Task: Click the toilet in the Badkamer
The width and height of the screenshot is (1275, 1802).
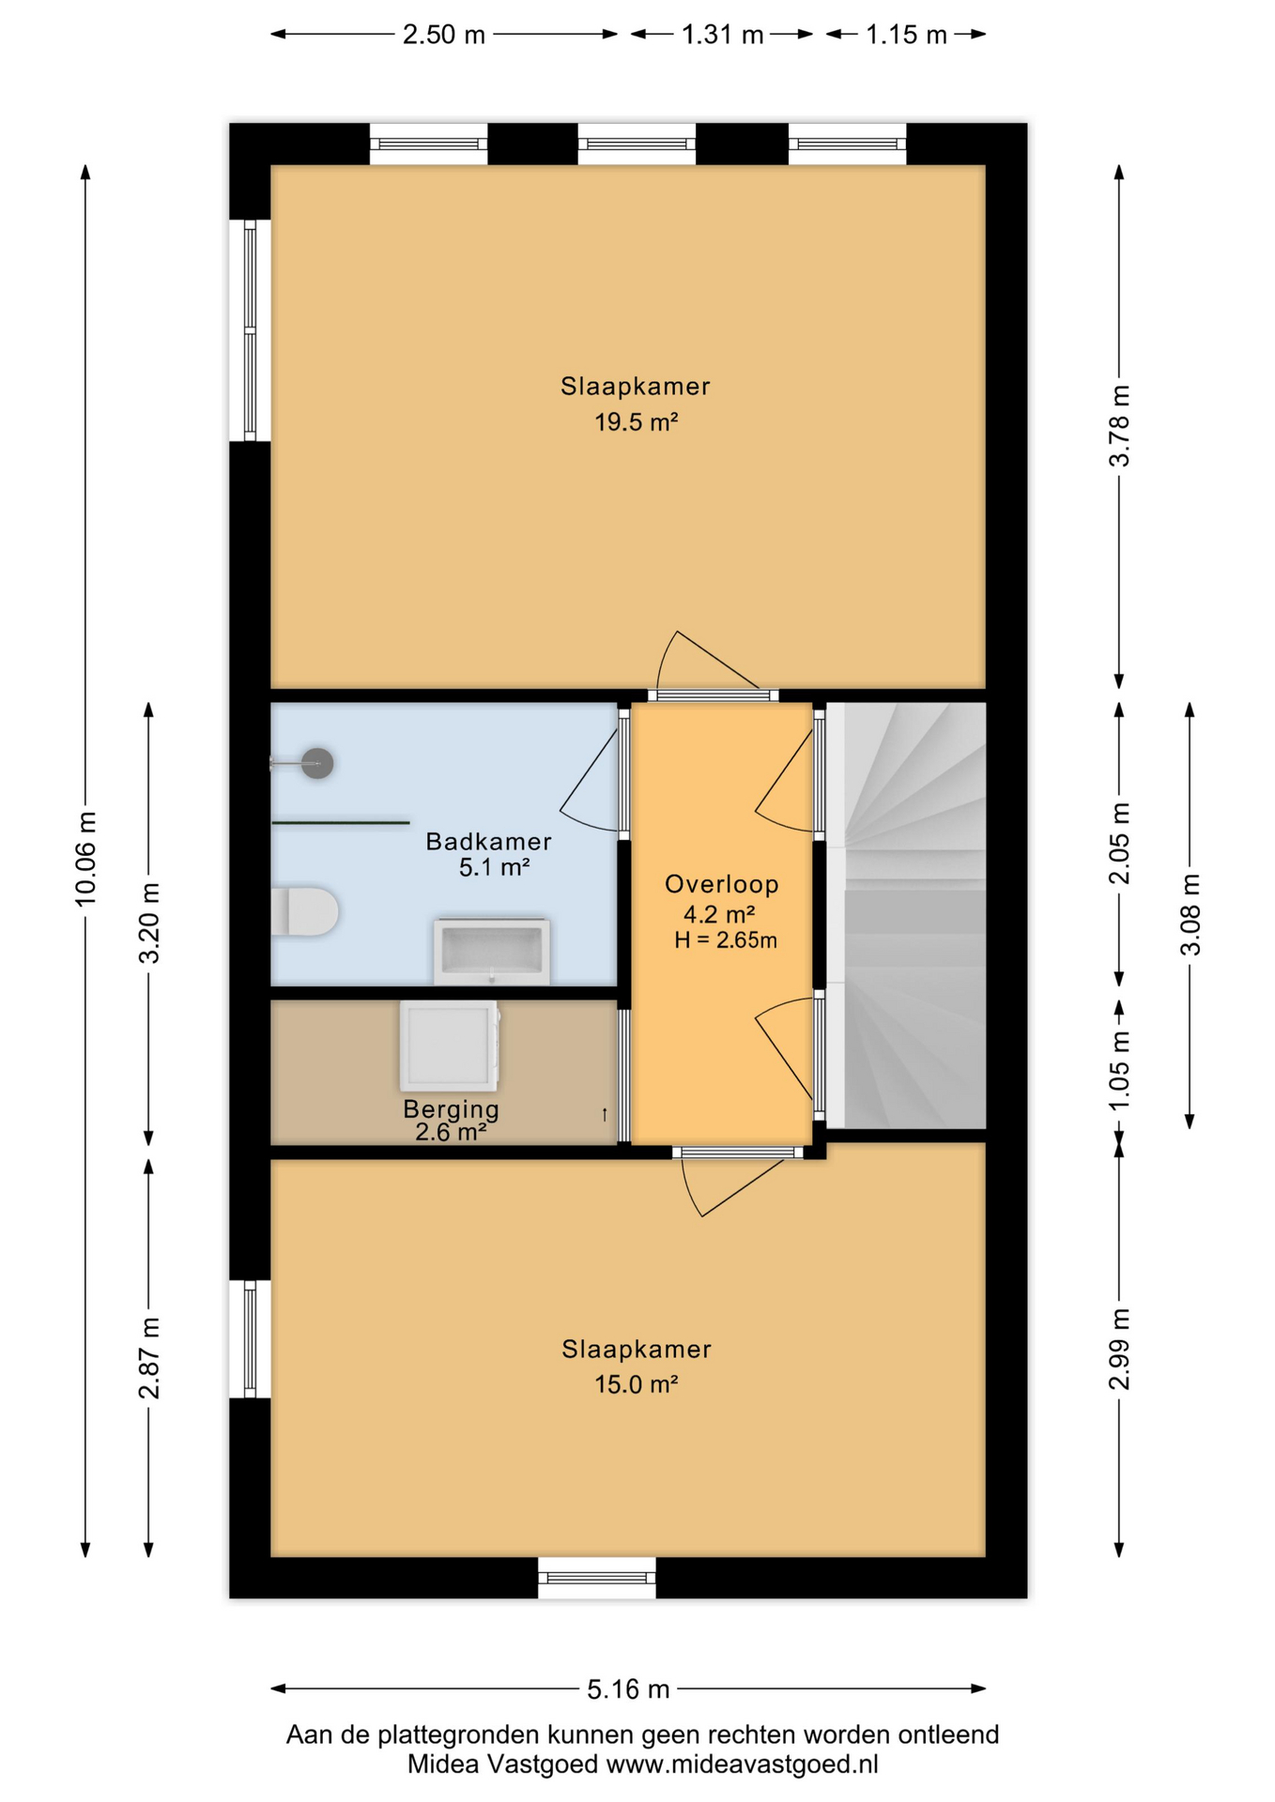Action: tap(304, 911)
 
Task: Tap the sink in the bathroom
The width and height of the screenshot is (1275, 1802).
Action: tap(492, 952)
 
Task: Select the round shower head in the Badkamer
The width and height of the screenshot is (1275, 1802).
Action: tap(318, 763)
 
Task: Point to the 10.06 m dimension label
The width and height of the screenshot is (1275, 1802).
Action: tap(85, 859)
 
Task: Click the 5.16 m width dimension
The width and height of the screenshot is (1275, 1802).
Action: tap(628, 1689)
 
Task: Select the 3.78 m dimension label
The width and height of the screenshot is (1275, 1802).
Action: tap(1119, 426)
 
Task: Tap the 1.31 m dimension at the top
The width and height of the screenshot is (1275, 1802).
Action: tap(722, 35)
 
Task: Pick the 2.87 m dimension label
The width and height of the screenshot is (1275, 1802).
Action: tap(149, 1357)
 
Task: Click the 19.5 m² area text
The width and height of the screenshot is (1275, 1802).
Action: tap(637, 422)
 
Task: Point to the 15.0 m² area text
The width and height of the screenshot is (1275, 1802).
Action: tap(637, 1384)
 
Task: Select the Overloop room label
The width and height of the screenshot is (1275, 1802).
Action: tap(722, 884)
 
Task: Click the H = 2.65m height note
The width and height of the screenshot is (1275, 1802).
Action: tap(726, 940)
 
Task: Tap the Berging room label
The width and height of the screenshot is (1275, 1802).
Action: tap(452, 1109)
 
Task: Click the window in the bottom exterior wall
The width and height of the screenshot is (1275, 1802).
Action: tap(597, 1578)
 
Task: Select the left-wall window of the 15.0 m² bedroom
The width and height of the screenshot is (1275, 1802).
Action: tap(250, 1338)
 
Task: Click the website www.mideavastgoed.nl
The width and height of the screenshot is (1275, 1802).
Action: tap(743, 1764)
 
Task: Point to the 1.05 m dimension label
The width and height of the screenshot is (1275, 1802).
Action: tap(1119, 1071)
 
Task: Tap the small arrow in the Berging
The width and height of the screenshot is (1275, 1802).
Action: tap(605, 1114)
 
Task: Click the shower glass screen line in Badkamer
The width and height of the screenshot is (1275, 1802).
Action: tap(341, 823)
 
